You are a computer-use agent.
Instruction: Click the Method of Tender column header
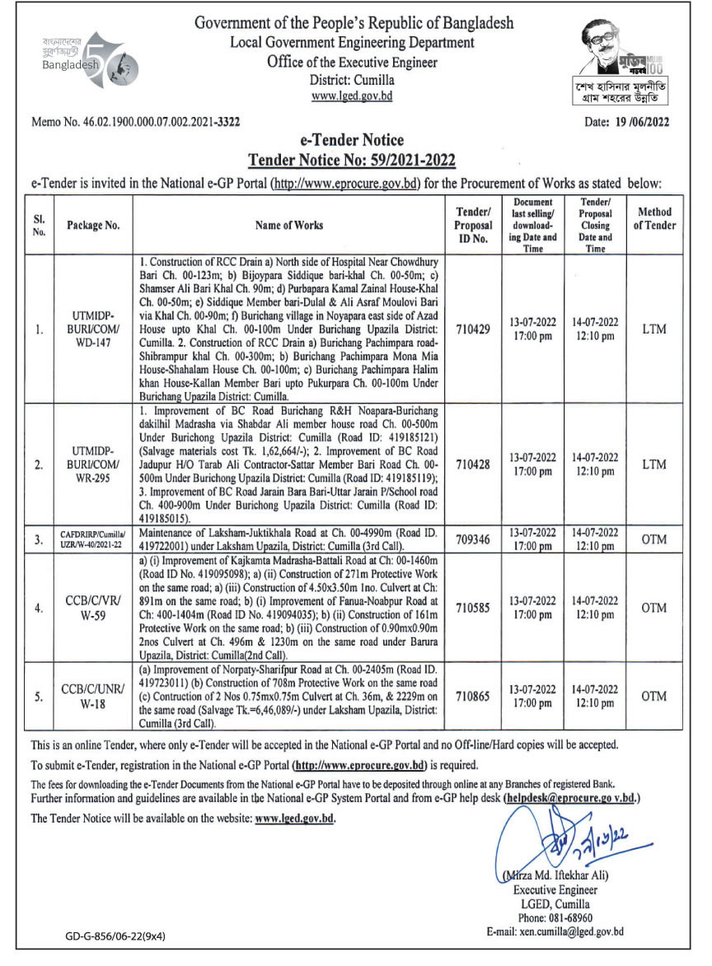click(654, 218)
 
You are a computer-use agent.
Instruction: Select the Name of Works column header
click(289, 225)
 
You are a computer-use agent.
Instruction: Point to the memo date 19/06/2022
click(626, 123)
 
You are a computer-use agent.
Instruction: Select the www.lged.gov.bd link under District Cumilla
click(352, 96)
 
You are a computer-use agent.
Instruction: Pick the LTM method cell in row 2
click(654, 464)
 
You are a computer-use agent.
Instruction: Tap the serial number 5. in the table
click(40, 696)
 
